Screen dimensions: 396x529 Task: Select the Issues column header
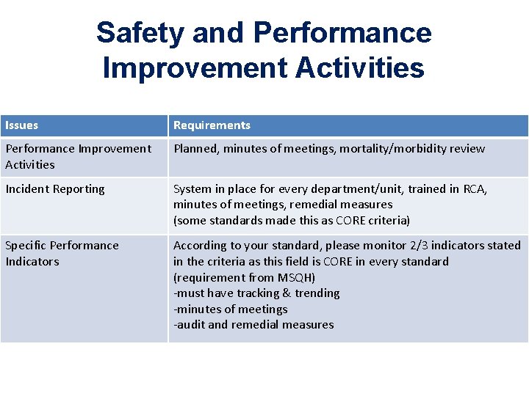[x=21, y=125]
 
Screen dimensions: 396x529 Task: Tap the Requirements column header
[x=212, y=125]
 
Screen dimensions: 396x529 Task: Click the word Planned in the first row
[x=195, y=149]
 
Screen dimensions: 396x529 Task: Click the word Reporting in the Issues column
[x=79, y=189]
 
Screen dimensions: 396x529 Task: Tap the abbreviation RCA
[x=475, y=189]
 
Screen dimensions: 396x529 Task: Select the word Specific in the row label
[x=26, y=246]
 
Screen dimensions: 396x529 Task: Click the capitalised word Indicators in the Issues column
[x=32, y=262]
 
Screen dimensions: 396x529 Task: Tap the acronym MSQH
[x=295, y=278]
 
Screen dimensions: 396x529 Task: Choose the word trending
[x=317, y=293]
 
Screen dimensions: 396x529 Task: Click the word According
[x=199, y=246]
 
